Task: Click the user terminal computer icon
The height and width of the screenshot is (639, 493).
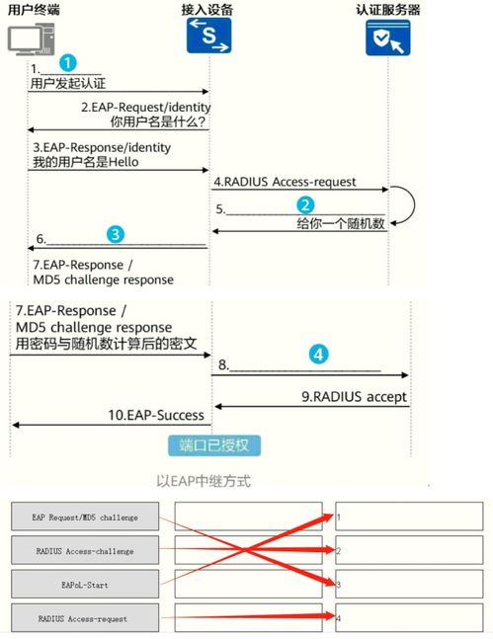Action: [31, 40]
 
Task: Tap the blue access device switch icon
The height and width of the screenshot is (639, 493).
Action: [208, 36]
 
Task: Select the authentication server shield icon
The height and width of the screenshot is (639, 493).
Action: [387, 38]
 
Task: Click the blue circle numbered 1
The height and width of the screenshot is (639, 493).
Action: [68, 63]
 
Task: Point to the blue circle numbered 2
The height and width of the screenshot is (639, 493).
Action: [305, 205]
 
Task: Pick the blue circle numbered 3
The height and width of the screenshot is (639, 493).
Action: [116, 234]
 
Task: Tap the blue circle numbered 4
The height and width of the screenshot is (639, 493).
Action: [318, 355]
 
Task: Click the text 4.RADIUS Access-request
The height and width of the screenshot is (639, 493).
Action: [285, 182]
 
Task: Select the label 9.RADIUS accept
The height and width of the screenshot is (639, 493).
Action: [354, 396]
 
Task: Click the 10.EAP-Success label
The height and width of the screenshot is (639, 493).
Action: [156, 415]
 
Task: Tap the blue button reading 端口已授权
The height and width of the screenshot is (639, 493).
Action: [214, 445]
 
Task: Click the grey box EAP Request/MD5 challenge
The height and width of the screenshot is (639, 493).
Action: [85, 517]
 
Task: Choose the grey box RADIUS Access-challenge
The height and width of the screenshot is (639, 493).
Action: [85, 550]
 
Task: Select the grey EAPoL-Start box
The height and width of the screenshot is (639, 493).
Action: [85, 584]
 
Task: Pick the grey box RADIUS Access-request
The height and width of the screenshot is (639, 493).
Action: [85, 618]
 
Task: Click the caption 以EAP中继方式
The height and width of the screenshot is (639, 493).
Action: [204, 481]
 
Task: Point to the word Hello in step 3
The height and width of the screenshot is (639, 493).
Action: [123, 162]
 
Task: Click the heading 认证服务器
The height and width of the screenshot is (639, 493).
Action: [387, 9]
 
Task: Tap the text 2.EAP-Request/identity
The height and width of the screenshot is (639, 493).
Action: [145, 108]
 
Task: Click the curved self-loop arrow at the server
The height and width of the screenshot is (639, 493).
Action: [415, 205]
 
